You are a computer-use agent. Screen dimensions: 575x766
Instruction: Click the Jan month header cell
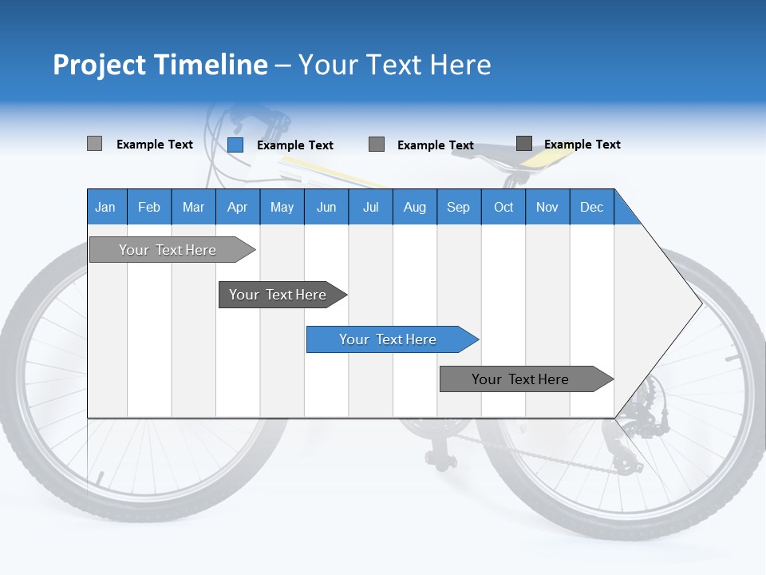click(x=106, y=207)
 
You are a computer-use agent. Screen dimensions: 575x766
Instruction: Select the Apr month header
click(x=238, y=207)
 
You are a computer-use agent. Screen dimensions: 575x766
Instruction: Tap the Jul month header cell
click(x=370, y=207)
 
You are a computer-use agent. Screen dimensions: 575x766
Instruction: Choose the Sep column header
click(x=458, y=207)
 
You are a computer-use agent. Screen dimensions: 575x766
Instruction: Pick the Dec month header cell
click(x=591, y=207)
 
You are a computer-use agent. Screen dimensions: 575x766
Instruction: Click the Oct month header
click(x=503, y=207)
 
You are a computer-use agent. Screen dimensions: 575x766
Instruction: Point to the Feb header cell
click(x=149, y=207)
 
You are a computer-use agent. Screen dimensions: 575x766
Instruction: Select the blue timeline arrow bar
click(x=389, y=339)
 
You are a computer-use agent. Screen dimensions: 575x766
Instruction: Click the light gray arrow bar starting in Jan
click(x=168, y=250)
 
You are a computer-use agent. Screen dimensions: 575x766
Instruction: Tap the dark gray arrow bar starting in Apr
click(x=278, y=295)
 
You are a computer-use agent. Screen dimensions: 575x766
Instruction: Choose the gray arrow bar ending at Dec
click(x=521, y=379)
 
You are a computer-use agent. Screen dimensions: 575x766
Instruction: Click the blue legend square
click(x=235, y=145)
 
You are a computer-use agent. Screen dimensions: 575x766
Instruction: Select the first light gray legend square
click(x=94, y=144)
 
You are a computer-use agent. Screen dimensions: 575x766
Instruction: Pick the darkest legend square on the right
click(x=524, y=144)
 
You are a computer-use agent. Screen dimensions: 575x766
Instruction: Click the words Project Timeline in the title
click(x=160, y=65)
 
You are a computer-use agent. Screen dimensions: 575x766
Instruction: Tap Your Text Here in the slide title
click(x=394, y=65)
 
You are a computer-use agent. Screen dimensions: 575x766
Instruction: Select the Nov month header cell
click(x=547, y=207)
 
